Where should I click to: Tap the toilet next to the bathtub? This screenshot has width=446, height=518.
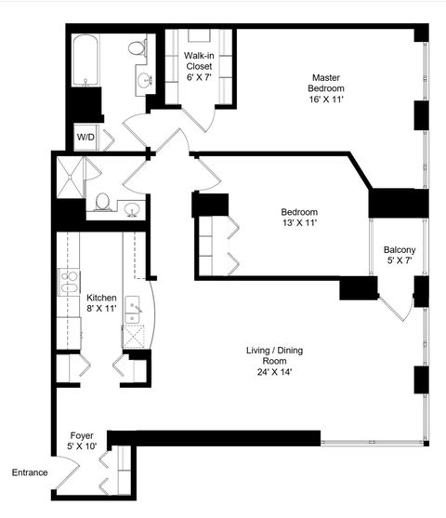138,48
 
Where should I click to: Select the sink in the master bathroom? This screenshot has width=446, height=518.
146,81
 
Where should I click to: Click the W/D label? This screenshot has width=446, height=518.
85,138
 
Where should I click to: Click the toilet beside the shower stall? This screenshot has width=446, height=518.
103,201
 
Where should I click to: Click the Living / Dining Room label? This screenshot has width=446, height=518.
274,356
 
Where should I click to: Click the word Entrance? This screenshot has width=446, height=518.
29,472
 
